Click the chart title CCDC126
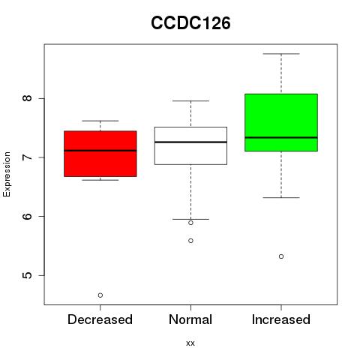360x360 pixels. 190,23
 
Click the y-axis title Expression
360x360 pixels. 7,174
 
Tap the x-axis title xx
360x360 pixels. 190,343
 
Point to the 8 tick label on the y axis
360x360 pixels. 27,97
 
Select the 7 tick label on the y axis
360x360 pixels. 27,157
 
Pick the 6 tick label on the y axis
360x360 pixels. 27,216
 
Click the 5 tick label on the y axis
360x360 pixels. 27,275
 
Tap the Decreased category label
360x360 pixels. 100,319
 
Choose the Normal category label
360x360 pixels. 190,319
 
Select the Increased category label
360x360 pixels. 281,319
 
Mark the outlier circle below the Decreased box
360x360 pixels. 100,295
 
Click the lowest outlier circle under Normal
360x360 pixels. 190,241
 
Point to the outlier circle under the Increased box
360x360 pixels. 281,256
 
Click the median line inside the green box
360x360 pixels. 281,137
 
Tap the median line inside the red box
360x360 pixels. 100,151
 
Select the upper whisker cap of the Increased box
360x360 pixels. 281,54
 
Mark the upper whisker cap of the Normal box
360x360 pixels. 190,100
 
